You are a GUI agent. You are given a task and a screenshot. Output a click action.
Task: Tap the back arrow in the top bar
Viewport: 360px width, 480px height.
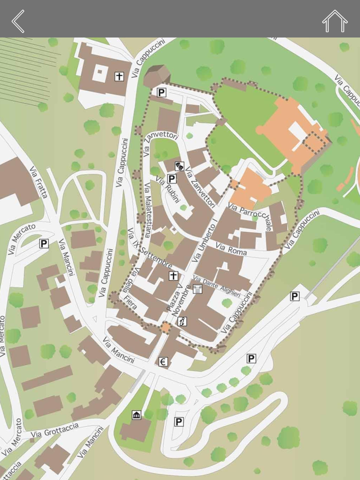tap(18, 21)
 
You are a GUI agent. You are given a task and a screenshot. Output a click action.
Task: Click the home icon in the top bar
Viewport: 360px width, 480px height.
tap(334, 21)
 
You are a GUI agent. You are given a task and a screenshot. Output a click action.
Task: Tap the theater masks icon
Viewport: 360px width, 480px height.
tap(179, 165)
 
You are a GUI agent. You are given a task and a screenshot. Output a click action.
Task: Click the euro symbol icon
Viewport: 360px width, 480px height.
tap(164, 362)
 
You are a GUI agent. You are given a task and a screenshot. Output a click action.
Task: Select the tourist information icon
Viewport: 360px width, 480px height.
tap(182, 322)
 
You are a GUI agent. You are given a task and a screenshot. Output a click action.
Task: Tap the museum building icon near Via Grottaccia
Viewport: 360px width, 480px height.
tap(136, 415)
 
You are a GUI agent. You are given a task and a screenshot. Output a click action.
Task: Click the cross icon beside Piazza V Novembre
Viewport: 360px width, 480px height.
tap(173, 276)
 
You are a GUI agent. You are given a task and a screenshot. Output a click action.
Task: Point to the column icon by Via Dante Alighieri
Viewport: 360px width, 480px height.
tap(197, 289)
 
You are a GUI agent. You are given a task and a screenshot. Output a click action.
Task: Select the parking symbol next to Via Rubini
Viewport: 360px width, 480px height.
tap(172, 179)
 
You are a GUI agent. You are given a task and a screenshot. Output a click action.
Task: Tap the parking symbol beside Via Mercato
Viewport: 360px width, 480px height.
tap(44, 244)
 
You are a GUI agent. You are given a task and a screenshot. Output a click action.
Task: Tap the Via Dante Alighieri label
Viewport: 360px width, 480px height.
tap(217, 287)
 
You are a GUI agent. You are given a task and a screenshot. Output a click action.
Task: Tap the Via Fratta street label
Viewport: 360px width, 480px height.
tap(39, 182)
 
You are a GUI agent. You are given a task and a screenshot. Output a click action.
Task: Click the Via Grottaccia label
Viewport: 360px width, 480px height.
tap(55, 431)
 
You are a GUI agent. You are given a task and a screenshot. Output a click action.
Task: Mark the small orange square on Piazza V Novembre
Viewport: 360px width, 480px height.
tap(166, 327)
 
